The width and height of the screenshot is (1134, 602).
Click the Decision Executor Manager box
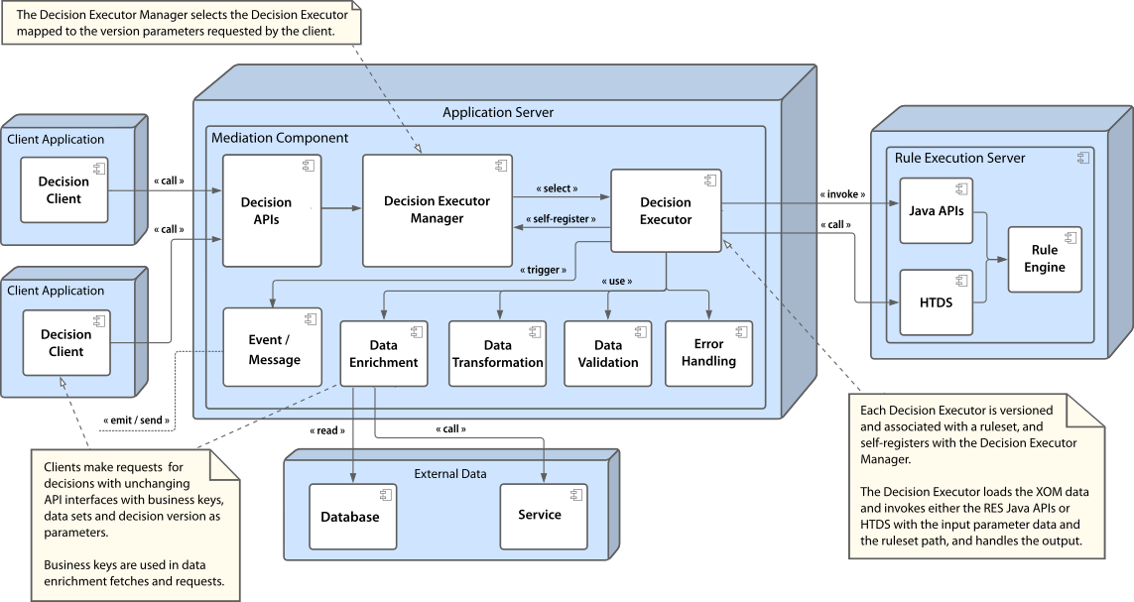tap(437, 210)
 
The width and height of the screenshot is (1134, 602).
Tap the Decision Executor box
tap(666, 211)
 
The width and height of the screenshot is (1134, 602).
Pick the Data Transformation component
tap(497, 354)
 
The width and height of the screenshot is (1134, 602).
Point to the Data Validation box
tap(608, 354)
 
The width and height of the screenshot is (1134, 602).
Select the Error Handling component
tap(708, 353)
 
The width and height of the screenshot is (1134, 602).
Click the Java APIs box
tap(936, 210)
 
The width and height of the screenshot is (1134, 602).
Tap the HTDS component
tap(936, 301)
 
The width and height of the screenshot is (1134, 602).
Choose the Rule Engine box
tap(1044, 259)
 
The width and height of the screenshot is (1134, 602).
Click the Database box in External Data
tap(349, 517)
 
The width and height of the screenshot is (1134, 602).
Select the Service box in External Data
tap(539, 516)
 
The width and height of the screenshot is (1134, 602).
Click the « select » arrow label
tap(556, 187)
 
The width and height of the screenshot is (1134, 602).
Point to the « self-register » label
tap(561, 219)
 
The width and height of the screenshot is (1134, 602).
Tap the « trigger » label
tap(543, 268)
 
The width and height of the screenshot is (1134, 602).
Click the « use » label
tap(617, 281)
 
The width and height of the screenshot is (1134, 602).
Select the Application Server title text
tap(497, 112)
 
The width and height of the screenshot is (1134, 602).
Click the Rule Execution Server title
tap(959, 158)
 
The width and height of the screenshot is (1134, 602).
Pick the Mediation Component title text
tap(280, 138)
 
